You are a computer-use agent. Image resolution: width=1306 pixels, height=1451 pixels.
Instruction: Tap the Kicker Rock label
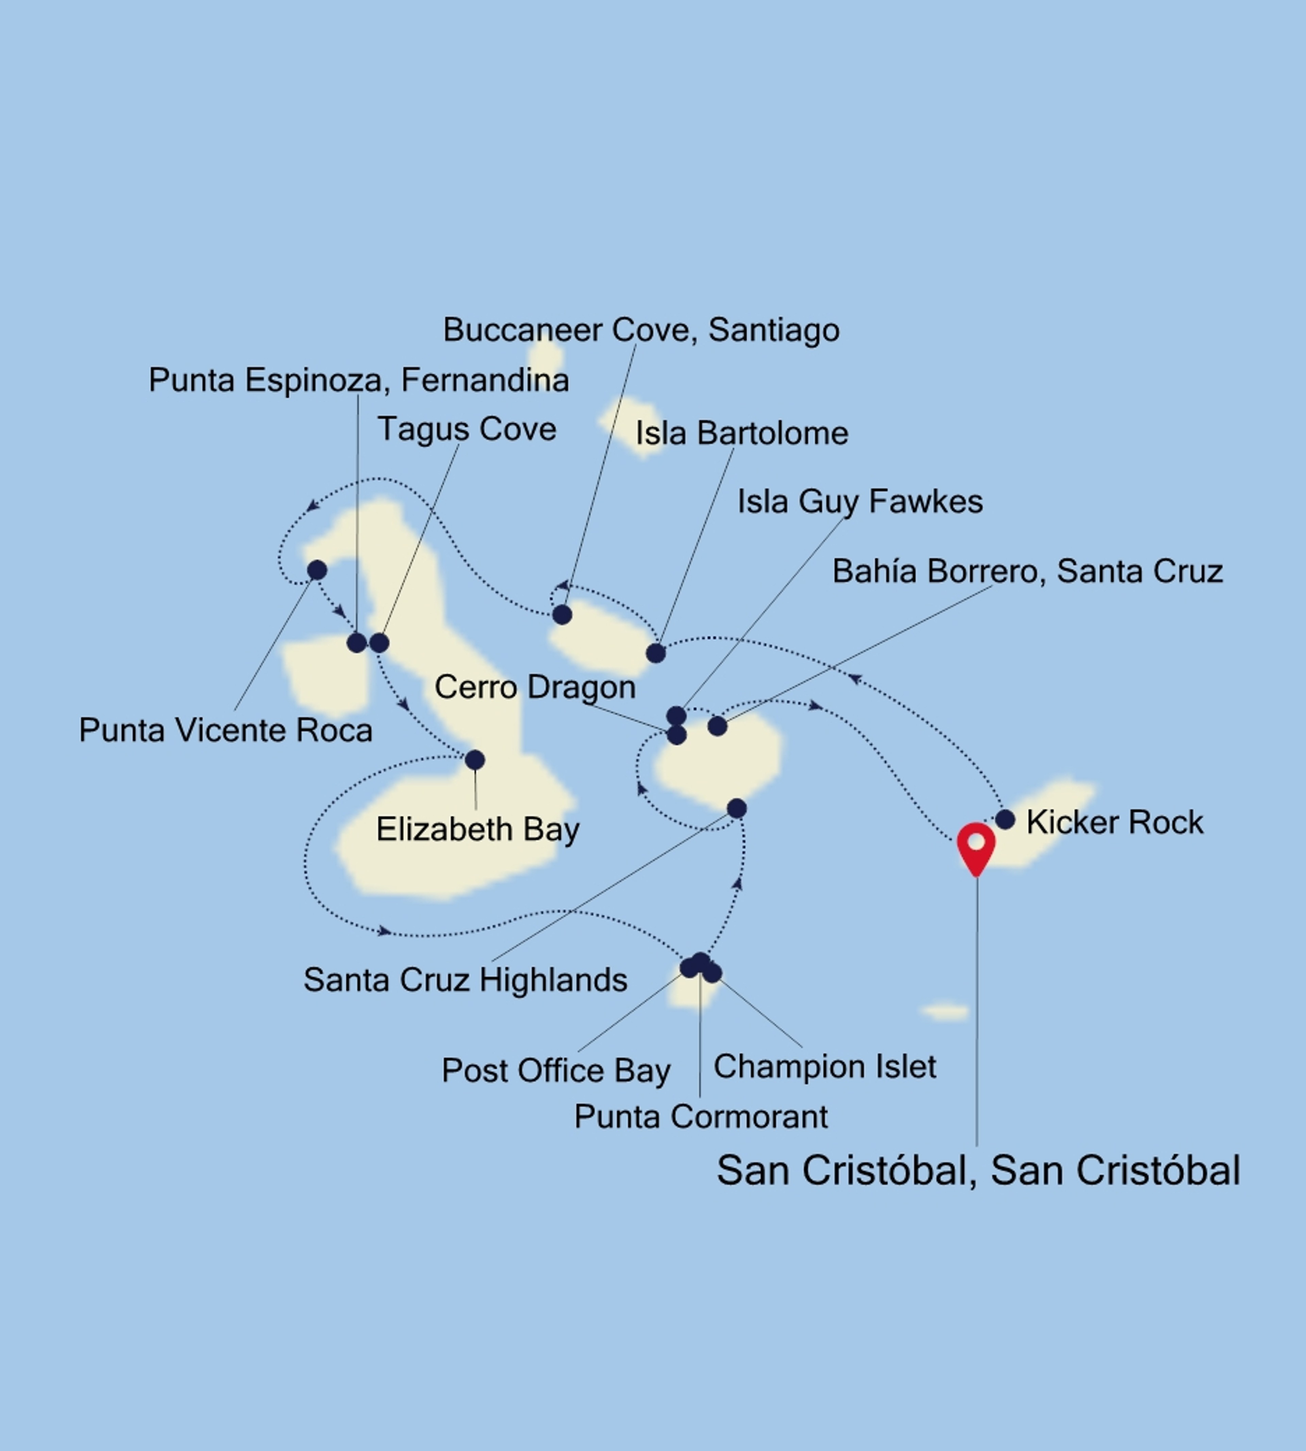[1115, 822]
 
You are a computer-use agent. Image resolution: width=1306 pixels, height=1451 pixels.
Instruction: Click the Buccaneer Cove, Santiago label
[641, 330]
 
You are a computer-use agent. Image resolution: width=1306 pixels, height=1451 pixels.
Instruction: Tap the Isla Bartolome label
[741, 434]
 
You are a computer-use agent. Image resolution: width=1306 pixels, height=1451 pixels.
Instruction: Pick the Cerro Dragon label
[535, 687]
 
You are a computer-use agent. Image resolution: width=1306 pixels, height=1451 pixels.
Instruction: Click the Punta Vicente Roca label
[225, 730]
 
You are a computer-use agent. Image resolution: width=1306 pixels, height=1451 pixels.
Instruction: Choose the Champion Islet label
[824, 1066]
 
